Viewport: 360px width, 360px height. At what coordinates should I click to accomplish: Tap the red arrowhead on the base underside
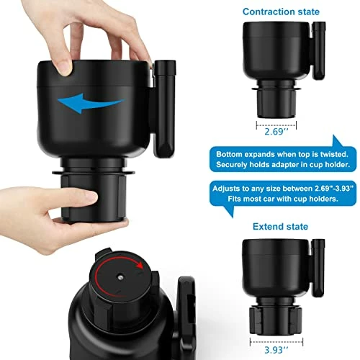click(140, 265)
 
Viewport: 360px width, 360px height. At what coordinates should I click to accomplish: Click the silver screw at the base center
click(120, 278)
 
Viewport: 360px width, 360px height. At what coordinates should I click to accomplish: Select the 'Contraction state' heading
click(281, 12)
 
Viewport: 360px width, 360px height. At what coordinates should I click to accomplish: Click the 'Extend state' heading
click(280, 227)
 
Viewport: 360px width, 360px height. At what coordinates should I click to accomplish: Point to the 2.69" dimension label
click(276, 132)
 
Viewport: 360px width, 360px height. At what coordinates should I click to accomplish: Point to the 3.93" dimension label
click(276, 350)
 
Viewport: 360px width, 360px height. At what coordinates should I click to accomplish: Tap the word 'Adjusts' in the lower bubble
click(226, 189)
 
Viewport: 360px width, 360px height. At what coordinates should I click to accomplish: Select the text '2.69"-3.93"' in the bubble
click(334, 189)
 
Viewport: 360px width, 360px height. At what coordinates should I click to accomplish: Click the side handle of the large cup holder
click(165, 109)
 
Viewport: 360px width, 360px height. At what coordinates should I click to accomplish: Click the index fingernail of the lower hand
click(91, 197)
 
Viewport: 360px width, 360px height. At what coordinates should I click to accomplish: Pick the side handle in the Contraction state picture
click(318, 51)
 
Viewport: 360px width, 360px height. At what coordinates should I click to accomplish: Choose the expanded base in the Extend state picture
click(276, 320)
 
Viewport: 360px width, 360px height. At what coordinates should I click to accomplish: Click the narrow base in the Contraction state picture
click(276, 104)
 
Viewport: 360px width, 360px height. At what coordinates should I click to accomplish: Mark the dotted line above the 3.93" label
click(276, 341)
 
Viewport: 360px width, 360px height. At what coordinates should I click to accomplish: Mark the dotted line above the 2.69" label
click(276, 125)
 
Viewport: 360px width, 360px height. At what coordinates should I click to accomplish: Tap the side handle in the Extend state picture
click(318, 268)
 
